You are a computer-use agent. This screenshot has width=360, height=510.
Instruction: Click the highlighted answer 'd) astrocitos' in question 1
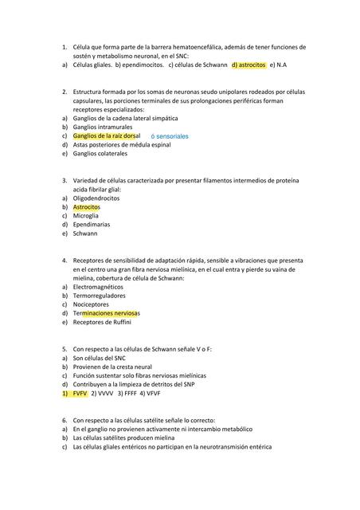pyautogui.click(x=248, y=65)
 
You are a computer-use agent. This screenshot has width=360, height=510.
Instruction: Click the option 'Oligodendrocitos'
pyautogui.click(x=96, y=198)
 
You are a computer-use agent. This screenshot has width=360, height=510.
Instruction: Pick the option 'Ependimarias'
pyautogui.click(x=90, y=225)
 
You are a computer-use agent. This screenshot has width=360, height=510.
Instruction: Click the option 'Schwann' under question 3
pyautogui.click(x=84, y=234)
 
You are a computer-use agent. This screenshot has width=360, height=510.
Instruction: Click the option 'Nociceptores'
pyautogui.click(x=91, y=304)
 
